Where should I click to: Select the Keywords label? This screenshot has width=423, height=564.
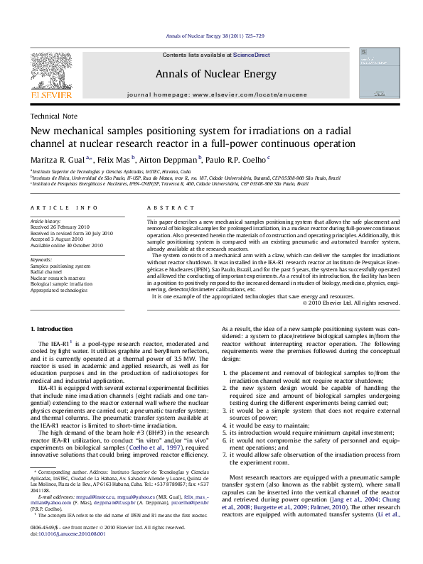tap(41, 260)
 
